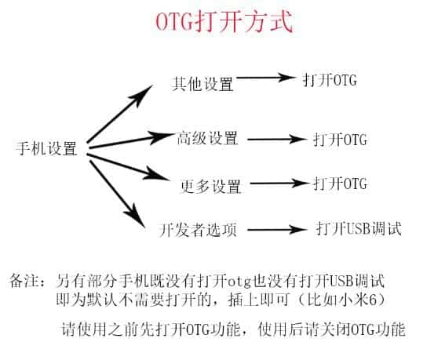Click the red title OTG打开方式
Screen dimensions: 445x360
[224, 22]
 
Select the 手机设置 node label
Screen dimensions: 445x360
[46, 147]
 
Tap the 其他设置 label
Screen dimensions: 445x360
[202, 84]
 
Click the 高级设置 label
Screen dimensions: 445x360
[207, 138]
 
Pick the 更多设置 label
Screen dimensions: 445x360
[211, 186]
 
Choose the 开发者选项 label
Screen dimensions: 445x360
[198, 230]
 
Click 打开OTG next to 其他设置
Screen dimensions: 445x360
[330, 80]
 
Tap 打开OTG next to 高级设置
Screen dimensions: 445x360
[340, 140]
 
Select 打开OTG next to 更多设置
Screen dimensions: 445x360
[340, 184]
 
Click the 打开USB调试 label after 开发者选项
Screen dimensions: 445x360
[359, 228]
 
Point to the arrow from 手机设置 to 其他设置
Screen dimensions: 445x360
[120, 114]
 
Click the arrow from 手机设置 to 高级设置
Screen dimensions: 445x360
[131, 140]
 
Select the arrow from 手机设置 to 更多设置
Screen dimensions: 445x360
[128, 167]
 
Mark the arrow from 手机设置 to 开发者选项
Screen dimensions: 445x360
[118, 194]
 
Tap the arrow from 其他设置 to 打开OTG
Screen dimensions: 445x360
[266, 77]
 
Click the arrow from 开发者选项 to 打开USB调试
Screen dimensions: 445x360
[277, 230]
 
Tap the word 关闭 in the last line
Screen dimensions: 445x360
[335, 329]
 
